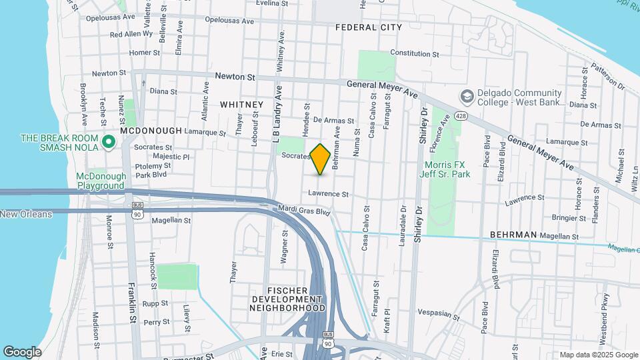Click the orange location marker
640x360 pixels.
pyautogui.click(x=321, y=159)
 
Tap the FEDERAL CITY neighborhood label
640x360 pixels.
pyautogui.click(x=369, y=27)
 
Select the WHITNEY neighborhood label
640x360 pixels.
pyautogui.click(x=241, y=105)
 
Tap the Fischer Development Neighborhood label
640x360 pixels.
pyautogui.click(x=287, y=299)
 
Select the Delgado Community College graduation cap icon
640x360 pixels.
pyautogui.click(x=467, y=97)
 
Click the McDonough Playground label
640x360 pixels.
pyautogui.click(x=100, y=181)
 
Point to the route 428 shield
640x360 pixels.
pyautogui.click(x=460, y=115)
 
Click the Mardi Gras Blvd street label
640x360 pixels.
pyautogui.click(x=305, y=211)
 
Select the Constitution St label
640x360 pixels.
pyautogui.click(x=414, y=53)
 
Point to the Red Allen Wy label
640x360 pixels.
pyautogui.click(x=131, y=34)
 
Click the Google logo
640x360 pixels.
pyautogui.click(x=22, y=352)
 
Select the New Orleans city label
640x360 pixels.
pyautogui.click(x=25, y=214)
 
